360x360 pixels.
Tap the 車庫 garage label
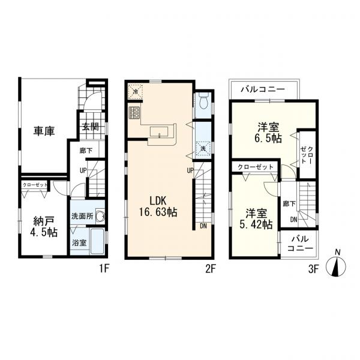[x=44, y=131]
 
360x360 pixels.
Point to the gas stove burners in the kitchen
[x=134, y=113]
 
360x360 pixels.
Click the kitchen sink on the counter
[x=160, y=132]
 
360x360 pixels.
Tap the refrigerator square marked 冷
[x=136, y=92]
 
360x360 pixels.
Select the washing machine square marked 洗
[x=203, y=149]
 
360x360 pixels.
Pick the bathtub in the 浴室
[x=97, y=241]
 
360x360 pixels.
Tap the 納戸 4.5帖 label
[x=44, y=227]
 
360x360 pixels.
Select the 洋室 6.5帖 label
[x=268, y=133]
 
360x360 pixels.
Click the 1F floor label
[x=104, y=269]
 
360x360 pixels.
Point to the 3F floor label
[x=314, y=269]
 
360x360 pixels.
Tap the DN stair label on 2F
[x=203, y=226]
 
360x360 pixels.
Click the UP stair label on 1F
[x=83, y=170]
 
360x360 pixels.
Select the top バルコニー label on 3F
[x=263, y=89]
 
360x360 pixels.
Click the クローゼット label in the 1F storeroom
[x=35, y=185]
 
